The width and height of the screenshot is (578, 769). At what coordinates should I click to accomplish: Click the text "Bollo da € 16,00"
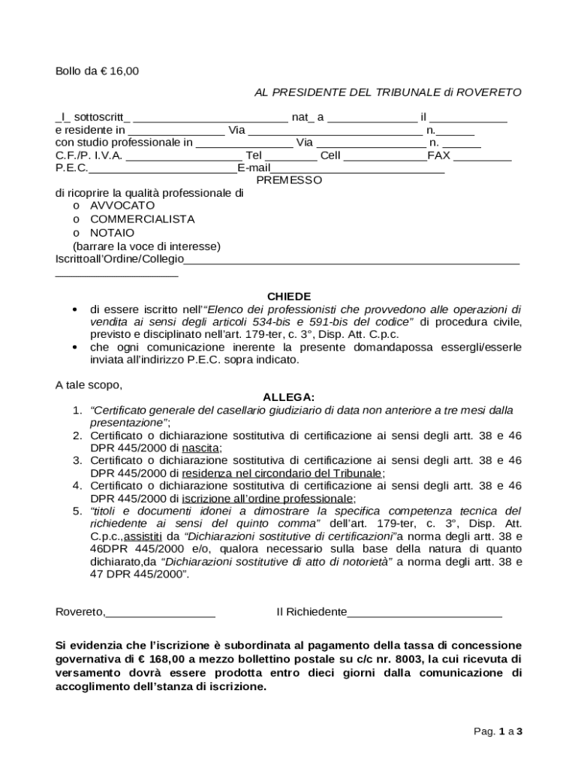coord(98,72)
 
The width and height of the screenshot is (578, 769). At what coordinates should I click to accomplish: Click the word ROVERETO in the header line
coord(488,93)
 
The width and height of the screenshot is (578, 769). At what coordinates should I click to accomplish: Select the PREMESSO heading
coord(289,180)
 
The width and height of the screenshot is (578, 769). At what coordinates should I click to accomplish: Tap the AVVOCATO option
coord(122,205)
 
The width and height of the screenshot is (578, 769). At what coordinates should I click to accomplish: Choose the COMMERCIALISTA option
coord(142,219)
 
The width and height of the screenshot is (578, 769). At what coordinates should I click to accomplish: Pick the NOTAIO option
coord(113,233)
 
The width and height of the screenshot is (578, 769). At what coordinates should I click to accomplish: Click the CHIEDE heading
coord(289,297)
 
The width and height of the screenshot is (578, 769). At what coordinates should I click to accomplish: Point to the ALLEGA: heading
coord(289,397)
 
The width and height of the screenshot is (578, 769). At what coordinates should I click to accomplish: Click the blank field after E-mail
coord(357,168)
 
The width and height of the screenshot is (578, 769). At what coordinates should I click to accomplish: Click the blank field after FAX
coord(482,156)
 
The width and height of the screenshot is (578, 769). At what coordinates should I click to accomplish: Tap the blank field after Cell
coord(385,156)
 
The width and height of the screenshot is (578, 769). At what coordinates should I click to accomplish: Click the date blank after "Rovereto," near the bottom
coord(161,613)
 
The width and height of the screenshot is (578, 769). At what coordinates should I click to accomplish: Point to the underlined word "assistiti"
coord(142,537)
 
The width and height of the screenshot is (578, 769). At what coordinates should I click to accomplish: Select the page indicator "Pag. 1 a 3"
coord(497,731)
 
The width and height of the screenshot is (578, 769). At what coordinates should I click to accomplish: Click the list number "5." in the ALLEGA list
coord(77,511)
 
